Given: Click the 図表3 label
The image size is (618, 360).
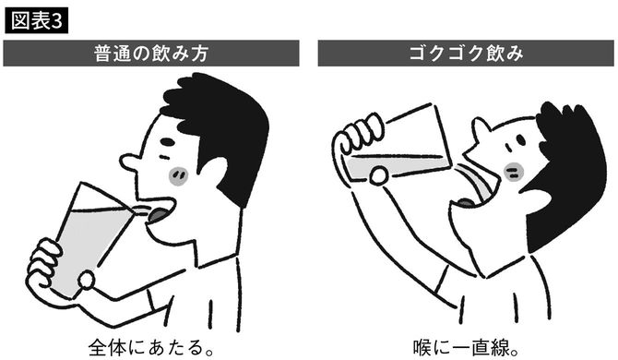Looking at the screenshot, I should pos(36,19).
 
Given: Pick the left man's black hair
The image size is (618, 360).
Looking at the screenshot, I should pos(221,120).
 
